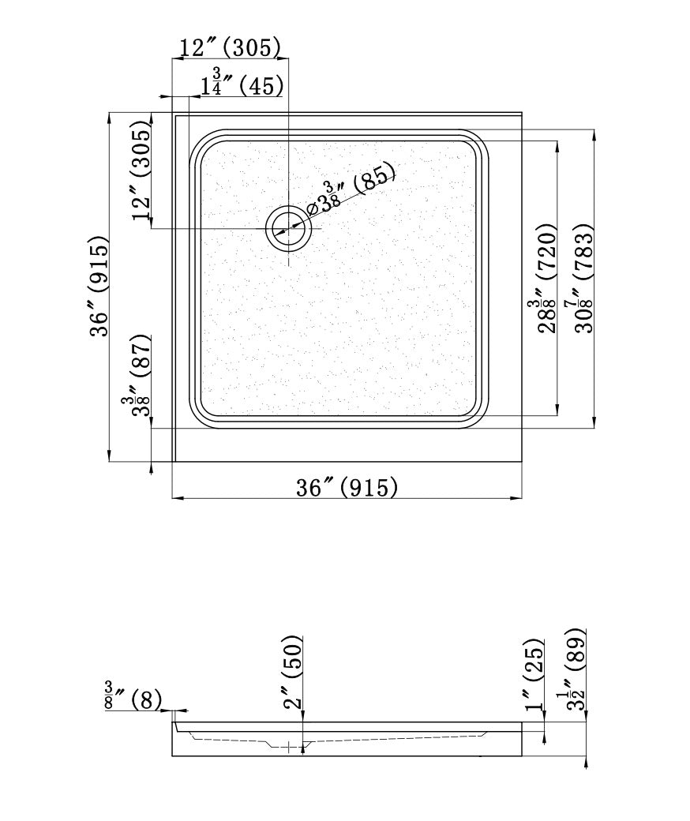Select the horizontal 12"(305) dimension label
(x=230, y=47)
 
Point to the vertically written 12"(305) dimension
(x=142, y=171)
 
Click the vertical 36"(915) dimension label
(x=99, y=287)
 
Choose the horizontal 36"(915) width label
(x=347, y=487)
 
